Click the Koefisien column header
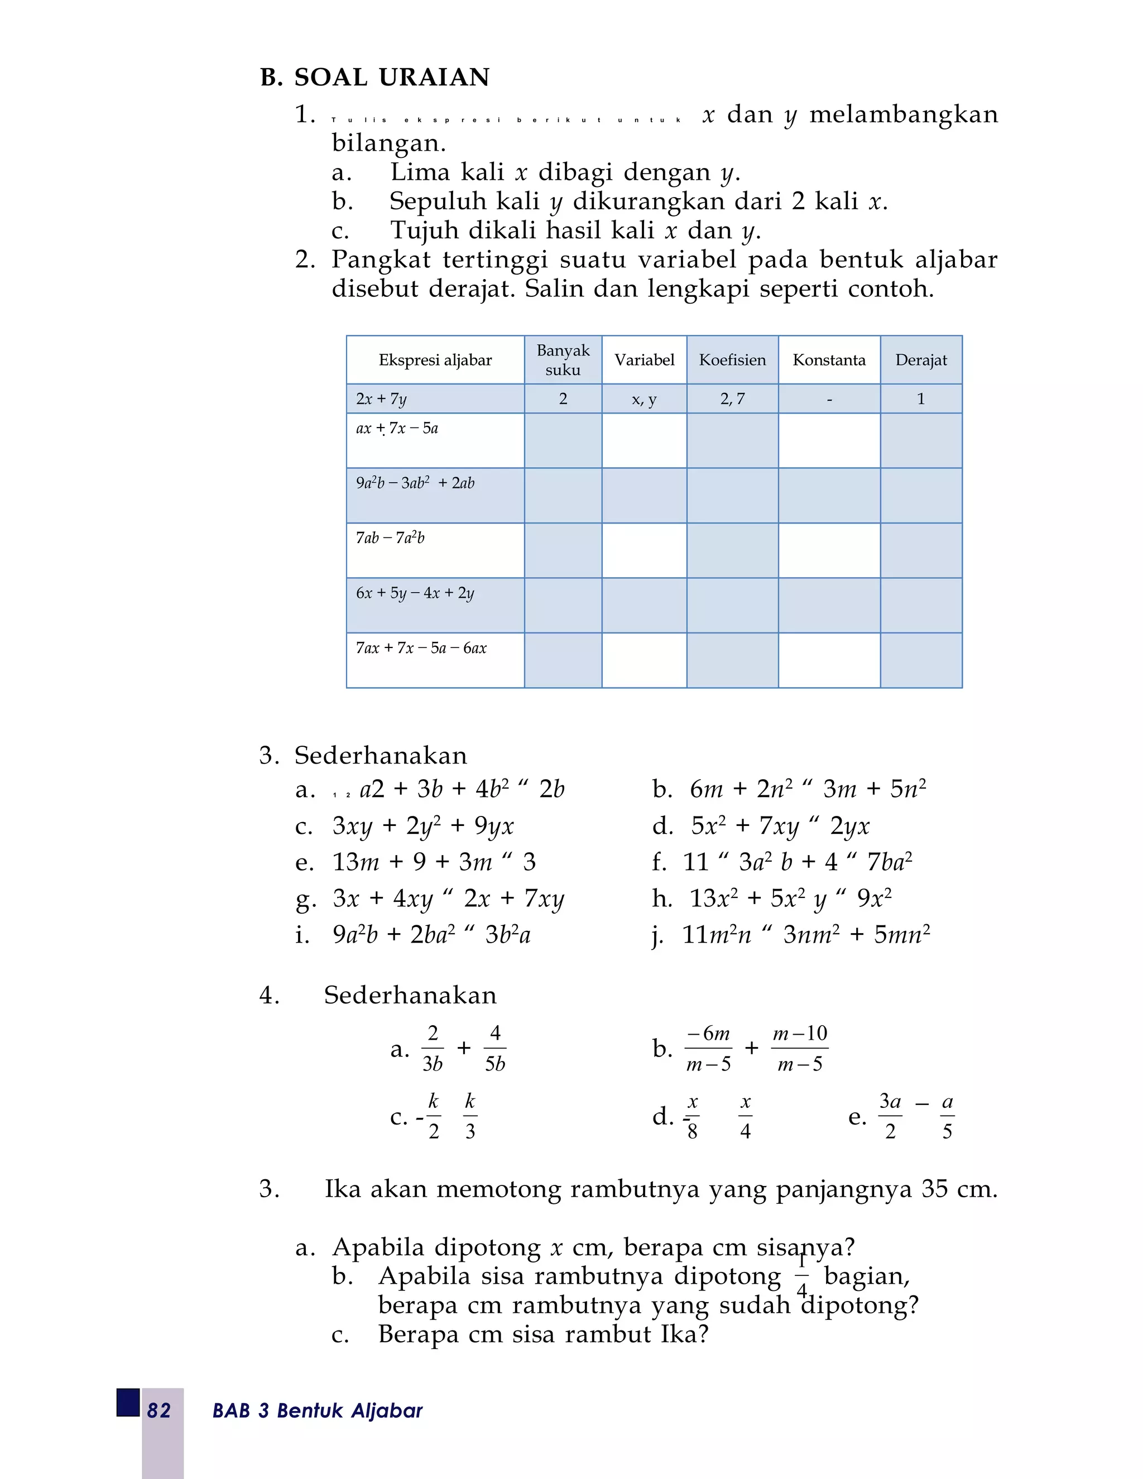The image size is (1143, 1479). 732,359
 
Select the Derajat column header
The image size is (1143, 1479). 920,359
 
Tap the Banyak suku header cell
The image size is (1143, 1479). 563,359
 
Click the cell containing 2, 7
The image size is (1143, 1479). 732,399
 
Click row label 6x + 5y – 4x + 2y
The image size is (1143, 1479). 415,593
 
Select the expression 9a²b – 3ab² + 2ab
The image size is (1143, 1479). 415,483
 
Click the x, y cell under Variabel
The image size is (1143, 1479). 644,399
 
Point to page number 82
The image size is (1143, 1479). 159,1410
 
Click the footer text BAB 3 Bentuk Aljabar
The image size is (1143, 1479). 317,1410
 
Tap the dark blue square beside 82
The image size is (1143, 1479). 128,1403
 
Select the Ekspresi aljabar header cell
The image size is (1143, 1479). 435,359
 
